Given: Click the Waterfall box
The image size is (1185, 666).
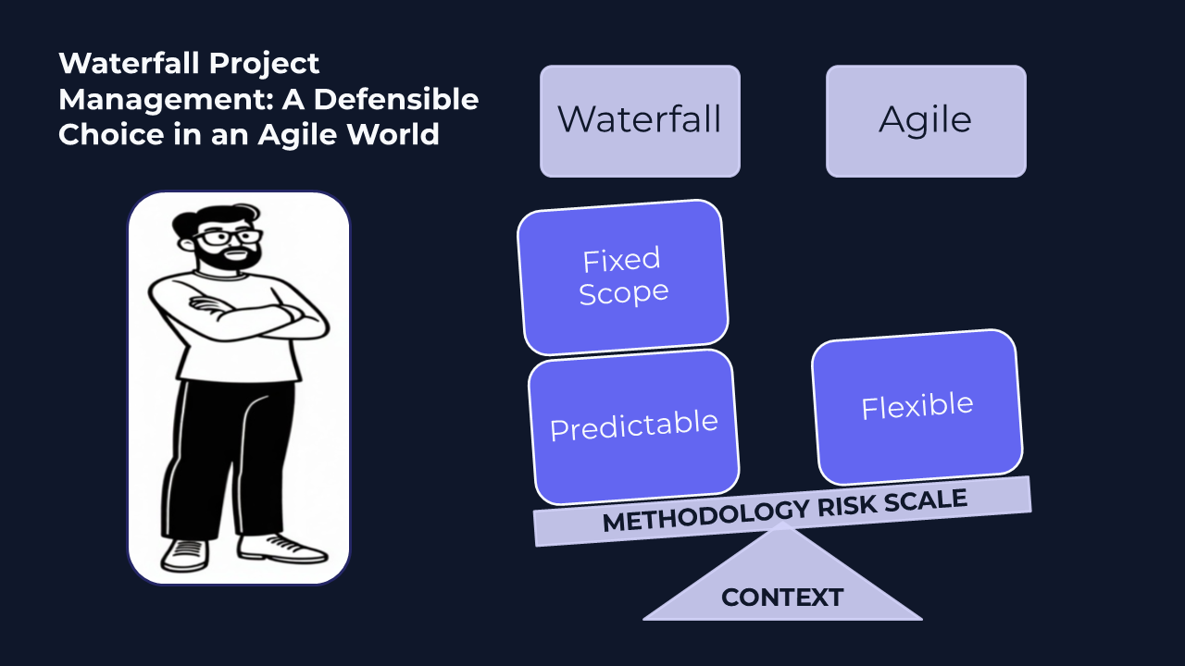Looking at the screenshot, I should (640, 120).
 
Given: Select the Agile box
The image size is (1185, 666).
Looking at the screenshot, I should (926, 120).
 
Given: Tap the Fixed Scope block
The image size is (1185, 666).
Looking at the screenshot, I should (622, 277).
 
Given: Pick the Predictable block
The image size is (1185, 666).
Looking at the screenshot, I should (633, 426).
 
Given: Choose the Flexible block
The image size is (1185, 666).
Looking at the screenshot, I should (917, 407).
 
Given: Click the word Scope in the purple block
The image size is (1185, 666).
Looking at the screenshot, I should (624, 293).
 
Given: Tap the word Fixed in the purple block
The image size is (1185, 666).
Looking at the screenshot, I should (621, 260).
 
